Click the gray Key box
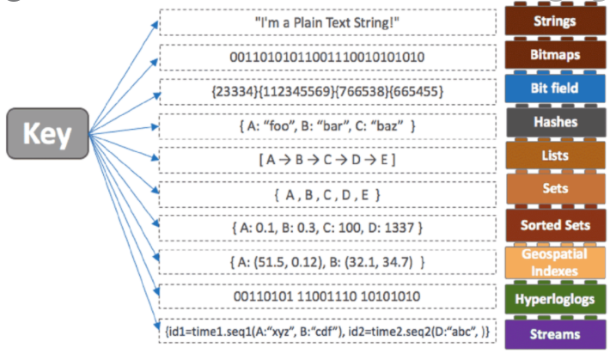[x=47, y=135]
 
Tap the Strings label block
[x=555, y=21]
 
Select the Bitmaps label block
[x=555, y=55]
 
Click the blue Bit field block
[x=555, y=88]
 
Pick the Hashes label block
[x=555, y=123]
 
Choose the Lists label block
[x=555, y=156]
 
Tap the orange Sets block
[x=555, y=191]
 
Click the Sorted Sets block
[x=555, y=225]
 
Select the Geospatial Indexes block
[x=555, y=260]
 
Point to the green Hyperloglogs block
[x=555, y=298]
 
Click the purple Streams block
[x=555, y=333]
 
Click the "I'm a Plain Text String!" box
[x=328, y=21]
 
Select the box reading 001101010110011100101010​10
[x=328, y=57]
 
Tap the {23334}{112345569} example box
[x=328, y=90]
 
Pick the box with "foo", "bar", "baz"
[x=328, y=125]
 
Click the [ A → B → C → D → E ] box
[x=328, y=160]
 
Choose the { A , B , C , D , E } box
[x=328, y=194]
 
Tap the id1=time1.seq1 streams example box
[x=328, y=330]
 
